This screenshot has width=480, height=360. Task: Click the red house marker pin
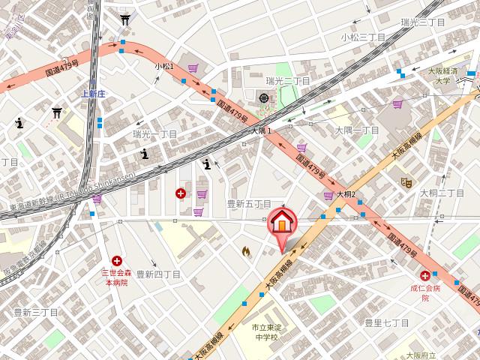pos(282,223)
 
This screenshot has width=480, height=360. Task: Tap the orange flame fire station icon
pos(245,252)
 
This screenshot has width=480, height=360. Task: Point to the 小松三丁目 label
pos(363,37)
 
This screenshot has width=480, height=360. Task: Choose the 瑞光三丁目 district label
pos(422,22)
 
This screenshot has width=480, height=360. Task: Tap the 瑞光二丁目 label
pos(288,80)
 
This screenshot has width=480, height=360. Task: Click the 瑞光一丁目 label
pos(154,133)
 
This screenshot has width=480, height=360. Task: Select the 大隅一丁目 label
pos(356,130)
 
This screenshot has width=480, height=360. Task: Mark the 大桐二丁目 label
pos(442,193)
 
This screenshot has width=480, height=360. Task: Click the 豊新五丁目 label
pos(249,203)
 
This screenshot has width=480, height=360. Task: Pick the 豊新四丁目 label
pos(158,274)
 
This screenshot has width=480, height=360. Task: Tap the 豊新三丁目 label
pos(35,311)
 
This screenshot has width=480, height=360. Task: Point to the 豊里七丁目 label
pos(386,322)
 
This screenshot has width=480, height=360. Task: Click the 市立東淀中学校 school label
pos(265,333)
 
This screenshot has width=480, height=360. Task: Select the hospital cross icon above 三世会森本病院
pos(116,260)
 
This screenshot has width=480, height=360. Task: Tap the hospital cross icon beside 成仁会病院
pos(424,276)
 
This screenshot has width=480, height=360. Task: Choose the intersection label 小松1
pos(164,67)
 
